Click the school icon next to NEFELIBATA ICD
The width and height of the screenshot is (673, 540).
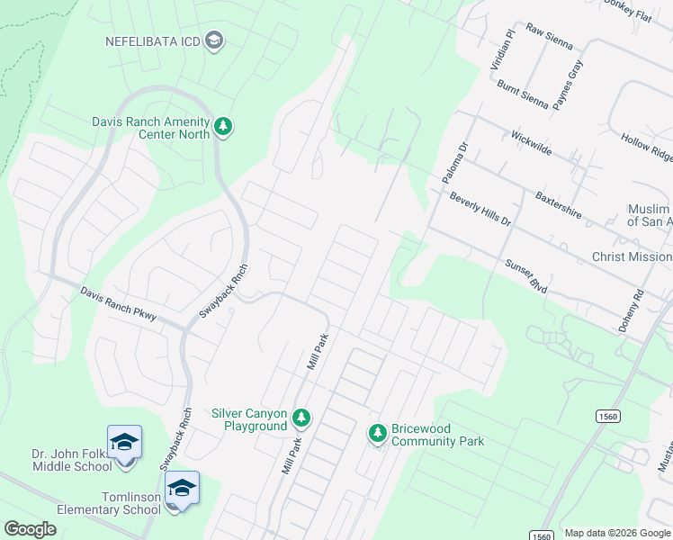click(214, 40)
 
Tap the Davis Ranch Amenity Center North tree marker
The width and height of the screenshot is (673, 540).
click(223, 128)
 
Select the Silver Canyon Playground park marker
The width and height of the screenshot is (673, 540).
click(301, 418)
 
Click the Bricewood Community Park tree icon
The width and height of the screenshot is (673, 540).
click(378, 434)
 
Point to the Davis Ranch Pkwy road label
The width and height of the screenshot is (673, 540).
click(118, 304)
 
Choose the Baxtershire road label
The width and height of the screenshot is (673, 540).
click(558, 204)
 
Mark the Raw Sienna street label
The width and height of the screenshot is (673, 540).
click(549, 35)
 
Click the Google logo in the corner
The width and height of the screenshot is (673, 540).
click(30, 529)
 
